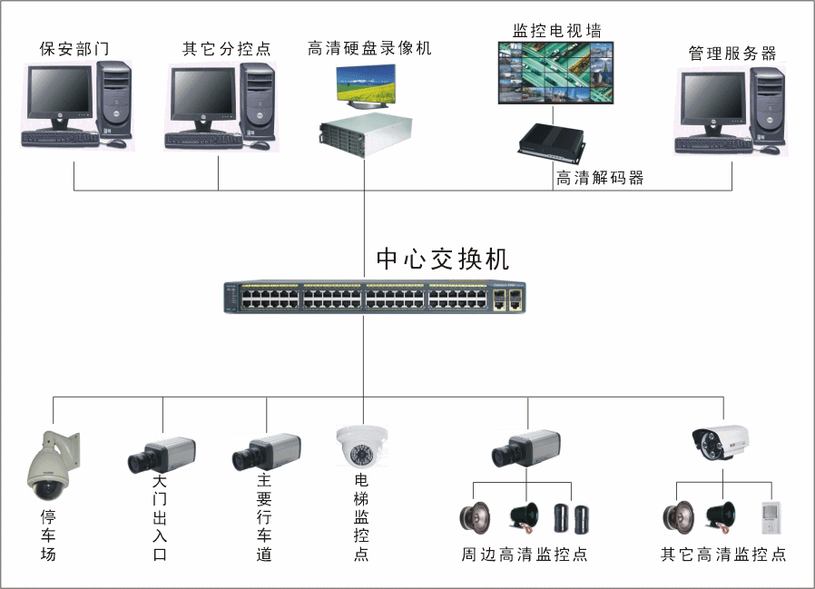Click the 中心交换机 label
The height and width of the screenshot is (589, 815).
click(x=443, y=260)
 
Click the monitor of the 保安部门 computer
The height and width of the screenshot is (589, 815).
click(x=60, y=97)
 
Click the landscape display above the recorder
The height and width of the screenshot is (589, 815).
click(x=367, y=87)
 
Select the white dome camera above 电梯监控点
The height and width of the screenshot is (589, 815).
click(x=361, y=445)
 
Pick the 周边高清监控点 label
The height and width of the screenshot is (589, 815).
click(x=524, y=555)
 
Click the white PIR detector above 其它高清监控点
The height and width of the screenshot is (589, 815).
click(x=770, y=517)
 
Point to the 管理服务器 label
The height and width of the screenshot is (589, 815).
click(x=732, y=54)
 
